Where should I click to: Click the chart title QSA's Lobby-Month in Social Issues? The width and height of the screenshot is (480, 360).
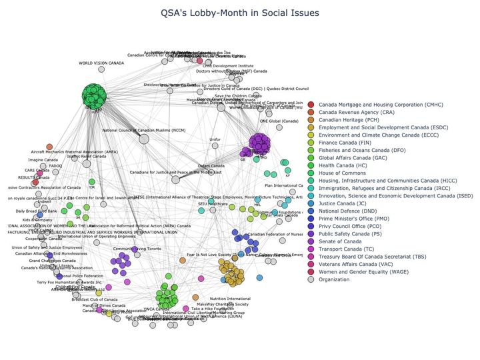pyautogui.click(x=241, y=13)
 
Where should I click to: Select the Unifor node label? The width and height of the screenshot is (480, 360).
pyautogui.click(x=215, y=139)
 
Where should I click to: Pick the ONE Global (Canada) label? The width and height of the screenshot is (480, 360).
pyautogui.click(x=279, y=121)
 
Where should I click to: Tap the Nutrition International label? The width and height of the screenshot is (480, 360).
pyautogui.click(x=230, y=299)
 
